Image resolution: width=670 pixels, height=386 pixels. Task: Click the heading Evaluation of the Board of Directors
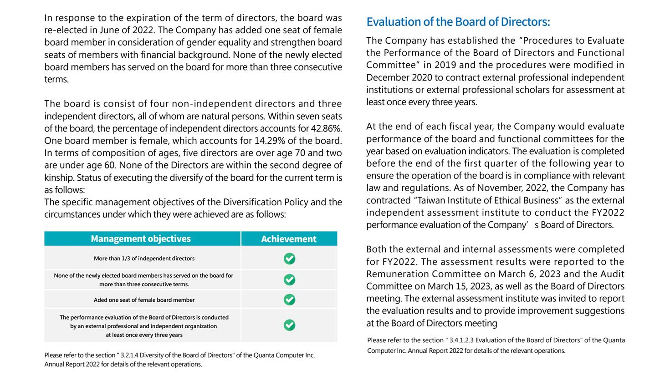(458, 22)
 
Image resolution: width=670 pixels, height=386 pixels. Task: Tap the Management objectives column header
(141, 239)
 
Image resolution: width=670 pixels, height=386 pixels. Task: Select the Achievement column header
(289, 239)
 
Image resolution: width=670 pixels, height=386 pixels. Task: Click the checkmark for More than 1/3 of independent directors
(289, 259)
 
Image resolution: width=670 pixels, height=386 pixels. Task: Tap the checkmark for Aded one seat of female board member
(289, 300)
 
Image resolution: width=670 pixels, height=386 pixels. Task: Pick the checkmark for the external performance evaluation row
(289, 325)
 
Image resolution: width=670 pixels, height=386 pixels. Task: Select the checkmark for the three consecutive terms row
(289, 279)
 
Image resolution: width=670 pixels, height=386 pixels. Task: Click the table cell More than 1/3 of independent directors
(144, 259)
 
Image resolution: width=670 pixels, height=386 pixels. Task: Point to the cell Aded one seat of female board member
(144, 300)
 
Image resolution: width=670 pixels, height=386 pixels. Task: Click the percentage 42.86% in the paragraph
(326, 128)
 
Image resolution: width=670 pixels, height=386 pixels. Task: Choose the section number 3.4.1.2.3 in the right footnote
(461, 340)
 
